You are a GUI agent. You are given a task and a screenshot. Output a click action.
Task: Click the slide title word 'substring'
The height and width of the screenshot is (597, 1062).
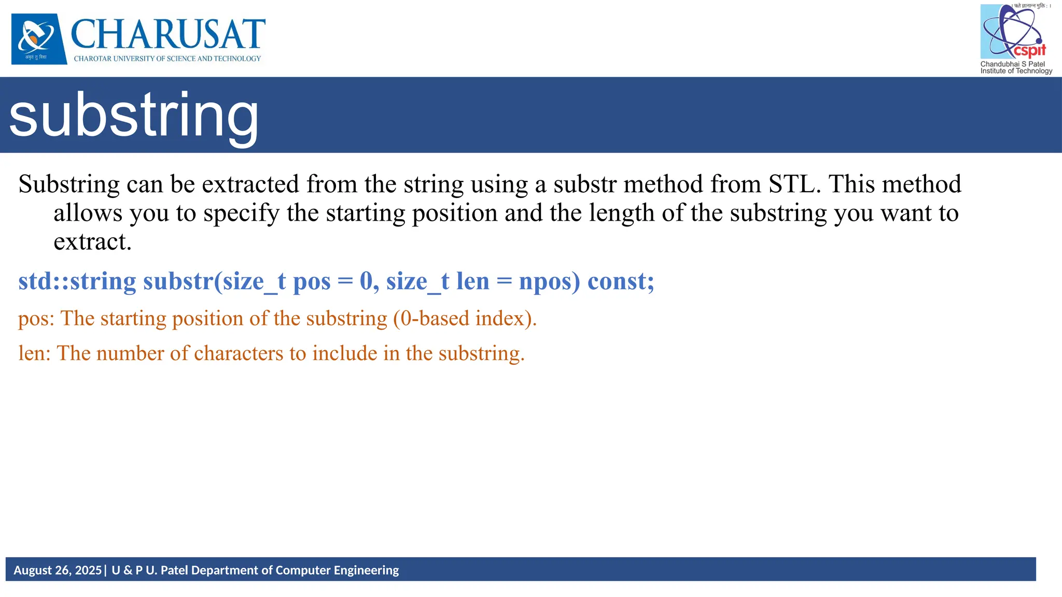click(134, 115)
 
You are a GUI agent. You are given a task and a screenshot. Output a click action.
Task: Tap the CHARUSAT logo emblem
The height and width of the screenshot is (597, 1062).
click(39, 39)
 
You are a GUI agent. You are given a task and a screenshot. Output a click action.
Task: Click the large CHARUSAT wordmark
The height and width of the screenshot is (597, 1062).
click(167, 34)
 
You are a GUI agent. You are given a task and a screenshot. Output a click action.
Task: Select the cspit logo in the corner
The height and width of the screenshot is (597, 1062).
click(1013, 32)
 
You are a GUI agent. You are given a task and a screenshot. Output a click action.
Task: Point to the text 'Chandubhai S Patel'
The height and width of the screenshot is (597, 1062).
click(1012, 64)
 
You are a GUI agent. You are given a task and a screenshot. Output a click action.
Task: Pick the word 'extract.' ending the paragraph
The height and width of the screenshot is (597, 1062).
click(92, 241)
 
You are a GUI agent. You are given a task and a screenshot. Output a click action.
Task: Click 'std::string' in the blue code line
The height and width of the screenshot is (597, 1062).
click(77, 281)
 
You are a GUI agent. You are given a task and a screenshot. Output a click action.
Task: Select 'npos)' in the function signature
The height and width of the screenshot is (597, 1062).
click(549, 281)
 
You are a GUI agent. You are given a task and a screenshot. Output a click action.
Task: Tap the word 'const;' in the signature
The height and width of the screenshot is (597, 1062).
click(621, 281)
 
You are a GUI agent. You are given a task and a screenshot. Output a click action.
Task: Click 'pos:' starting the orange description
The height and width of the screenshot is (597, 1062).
click(36, 319)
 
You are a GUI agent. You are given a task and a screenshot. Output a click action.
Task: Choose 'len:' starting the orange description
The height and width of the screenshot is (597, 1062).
click(34, 353)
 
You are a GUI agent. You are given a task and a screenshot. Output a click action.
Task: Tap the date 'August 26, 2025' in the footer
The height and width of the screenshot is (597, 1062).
click(58, 570)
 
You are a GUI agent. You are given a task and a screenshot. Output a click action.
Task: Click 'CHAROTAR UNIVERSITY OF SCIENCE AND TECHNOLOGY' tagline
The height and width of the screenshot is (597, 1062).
click(167, 59)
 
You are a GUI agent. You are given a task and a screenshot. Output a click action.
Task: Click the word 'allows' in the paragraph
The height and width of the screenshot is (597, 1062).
click(88, 213)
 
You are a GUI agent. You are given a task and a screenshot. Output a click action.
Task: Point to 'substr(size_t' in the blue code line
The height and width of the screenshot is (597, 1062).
click(214, 281)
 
